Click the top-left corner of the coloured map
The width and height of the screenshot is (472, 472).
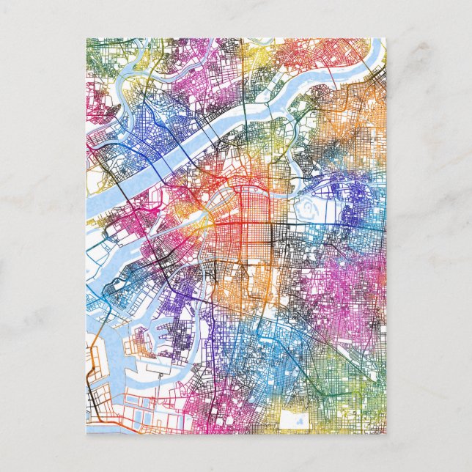click(x=86, y=39)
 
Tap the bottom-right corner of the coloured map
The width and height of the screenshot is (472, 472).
click(x=386, y=433)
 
